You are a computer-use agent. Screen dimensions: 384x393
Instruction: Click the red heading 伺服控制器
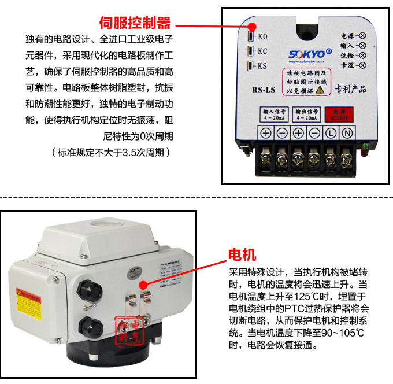pos(135,23)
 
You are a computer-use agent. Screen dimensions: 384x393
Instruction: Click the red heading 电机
pos(242,255)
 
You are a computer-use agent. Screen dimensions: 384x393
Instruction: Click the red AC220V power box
pos(339,115)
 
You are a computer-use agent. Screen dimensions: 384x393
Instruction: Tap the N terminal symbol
pos(347,132)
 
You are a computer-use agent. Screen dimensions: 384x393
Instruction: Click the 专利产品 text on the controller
pos(351,90)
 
